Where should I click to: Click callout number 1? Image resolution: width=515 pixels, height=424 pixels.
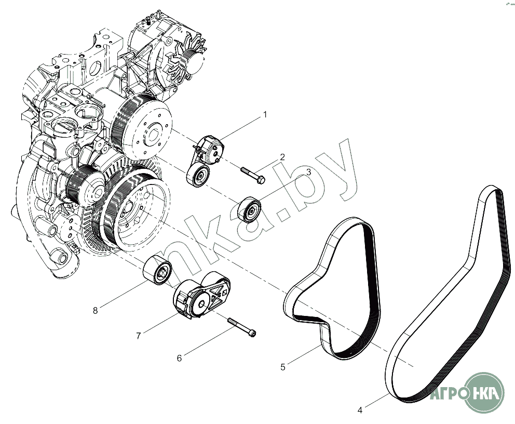click(265, 115)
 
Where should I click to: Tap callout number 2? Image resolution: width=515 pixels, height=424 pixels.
click(282, 157)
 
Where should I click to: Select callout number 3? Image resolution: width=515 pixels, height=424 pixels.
click(308, 171)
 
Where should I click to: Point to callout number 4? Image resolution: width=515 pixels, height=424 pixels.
click(360, 410)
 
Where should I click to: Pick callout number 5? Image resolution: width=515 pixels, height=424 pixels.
click(283, 367)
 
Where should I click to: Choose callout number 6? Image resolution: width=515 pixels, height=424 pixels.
click(179, 358)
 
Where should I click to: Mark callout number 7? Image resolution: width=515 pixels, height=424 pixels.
click(138, 336)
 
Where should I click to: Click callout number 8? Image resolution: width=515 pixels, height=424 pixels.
click(95, 310)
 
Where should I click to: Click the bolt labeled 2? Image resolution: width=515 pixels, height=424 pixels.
click(253, 176)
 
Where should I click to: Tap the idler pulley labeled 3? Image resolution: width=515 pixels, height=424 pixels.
click(250, 209)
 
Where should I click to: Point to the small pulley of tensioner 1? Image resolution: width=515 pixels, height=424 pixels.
click(198, 176)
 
